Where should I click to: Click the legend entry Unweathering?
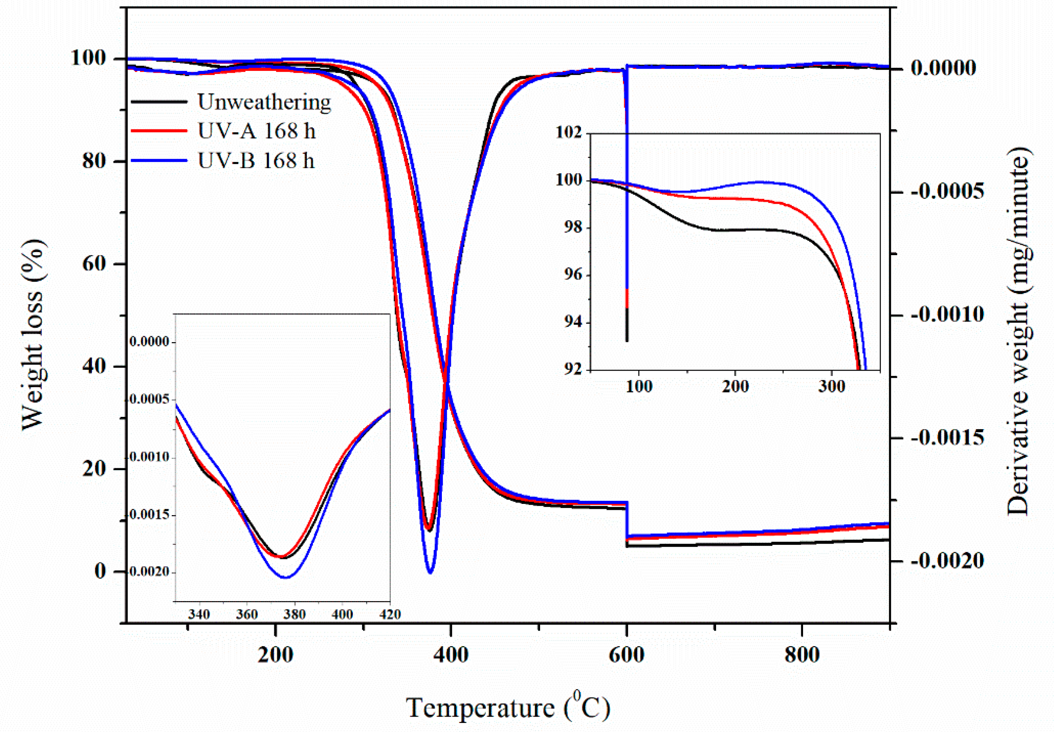tap(264, 102)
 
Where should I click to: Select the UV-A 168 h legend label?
tap(256, 131)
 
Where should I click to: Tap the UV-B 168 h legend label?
tap(256, 161)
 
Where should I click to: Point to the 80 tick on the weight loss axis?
tap(94, 161)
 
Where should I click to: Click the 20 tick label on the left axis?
tap(94, 469)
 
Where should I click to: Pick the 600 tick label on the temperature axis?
tap(626, 654)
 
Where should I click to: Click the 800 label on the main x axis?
tap(802, 654)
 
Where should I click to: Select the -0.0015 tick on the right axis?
tap(947, 437)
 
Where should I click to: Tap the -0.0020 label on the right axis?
tap(947, 561)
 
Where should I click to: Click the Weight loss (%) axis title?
tap(33, 335)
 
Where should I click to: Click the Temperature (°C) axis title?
tap(508, 707)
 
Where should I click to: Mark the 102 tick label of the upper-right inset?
tap(569, 132)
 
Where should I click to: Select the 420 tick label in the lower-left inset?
tap(390, 614)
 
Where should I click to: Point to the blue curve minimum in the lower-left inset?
tap(285, 577)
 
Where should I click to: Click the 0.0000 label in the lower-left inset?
tap(149, 342)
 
